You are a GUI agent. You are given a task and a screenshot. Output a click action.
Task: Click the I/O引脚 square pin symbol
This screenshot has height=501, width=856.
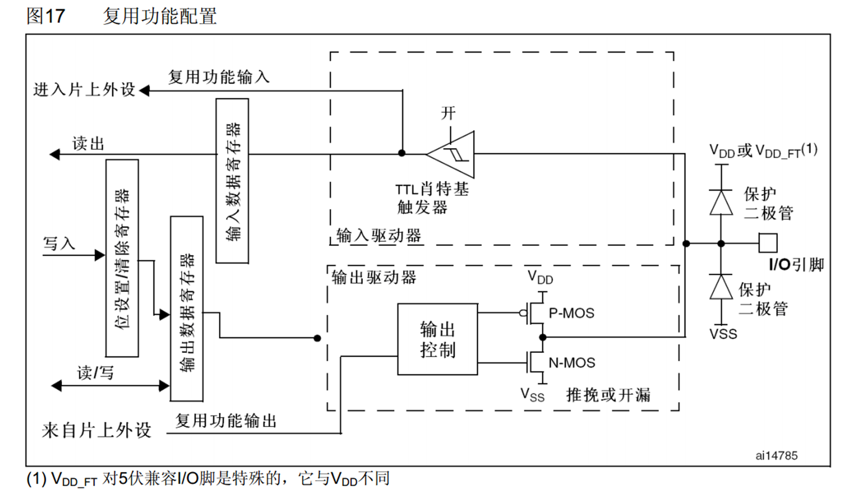tap(768, 244)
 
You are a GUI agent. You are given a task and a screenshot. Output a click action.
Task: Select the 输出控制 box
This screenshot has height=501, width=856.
tap(437, 339)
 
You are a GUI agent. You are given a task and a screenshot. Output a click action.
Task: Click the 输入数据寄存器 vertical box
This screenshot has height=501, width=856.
tap(232, 181)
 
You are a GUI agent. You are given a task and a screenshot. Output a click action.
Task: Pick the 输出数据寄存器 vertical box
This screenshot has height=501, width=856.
tap(187, 309)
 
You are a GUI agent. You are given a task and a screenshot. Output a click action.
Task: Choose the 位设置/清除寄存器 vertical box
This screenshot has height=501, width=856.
tap(122, 258)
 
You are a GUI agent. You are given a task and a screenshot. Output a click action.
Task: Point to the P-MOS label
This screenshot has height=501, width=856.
tap(571, 313)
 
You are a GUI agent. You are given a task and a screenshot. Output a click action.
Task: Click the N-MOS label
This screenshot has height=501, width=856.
tap(572, 363)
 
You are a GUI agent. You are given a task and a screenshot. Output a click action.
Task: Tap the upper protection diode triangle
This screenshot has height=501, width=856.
tap(721, 202)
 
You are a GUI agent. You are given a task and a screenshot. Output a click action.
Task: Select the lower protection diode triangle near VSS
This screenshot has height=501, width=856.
tap(721, 287)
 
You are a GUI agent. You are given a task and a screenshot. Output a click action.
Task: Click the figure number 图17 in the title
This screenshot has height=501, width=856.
tap(45, 15)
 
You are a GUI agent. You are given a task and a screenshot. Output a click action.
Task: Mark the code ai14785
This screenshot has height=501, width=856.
tap(776, 456)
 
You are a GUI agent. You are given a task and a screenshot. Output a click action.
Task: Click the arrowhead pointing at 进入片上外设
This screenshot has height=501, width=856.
tap(144, 90)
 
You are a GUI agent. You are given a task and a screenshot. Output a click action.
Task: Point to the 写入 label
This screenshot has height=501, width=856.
tap(59, 244)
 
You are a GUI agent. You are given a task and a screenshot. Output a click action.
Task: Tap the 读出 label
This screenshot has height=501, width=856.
tap(88, 144)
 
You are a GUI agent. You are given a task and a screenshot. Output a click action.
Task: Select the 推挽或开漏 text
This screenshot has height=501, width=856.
tap(608, 395)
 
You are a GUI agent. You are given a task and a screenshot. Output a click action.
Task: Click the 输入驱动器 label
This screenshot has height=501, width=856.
tap(378, 235)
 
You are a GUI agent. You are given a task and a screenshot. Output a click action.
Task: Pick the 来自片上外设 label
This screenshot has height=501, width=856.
tap(96, 430)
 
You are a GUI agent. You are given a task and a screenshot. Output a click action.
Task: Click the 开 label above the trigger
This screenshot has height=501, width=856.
tap(448, 113)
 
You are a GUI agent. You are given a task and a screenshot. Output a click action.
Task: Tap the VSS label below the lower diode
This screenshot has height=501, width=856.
tap(723, 334)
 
